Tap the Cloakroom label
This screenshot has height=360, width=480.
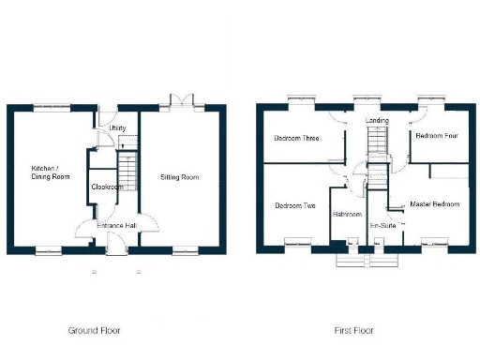108,187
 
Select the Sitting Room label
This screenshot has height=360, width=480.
180,176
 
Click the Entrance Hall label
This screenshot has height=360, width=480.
120,226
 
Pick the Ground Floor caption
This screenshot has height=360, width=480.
95,331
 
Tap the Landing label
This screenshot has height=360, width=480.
378,120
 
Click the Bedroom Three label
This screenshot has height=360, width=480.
296,138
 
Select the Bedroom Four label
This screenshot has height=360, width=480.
436,136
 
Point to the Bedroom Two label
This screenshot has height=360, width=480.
294,205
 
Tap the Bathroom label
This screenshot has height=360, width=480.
347,215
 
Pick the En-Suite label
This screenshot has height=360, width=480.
381,226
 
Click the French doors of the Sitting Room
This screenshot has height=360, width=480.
176,100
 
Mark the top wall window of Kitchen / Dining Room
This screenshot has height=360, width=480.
52,105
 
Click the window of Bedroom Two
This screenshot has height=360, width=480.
299,247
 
